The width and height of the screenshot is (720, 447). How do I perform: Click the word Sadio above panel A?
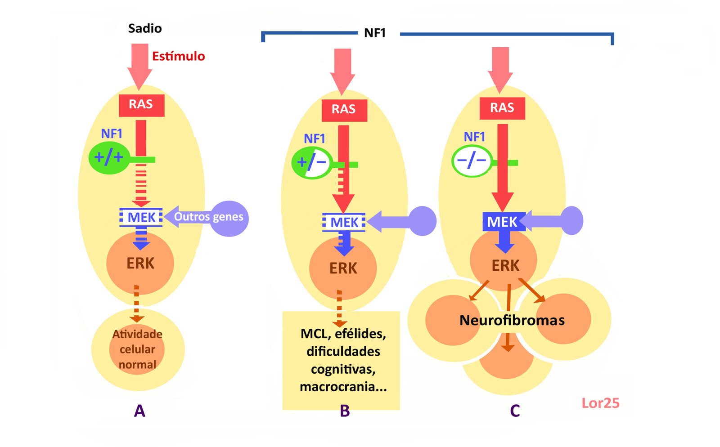pyautogui.click(x=144, y=28)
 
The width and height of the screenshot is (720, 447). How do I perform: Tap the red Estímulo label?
pyautogui.click(x=178, y=56)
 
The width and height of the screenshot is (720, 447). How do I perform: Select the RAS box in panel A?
pyautogui.click(x=141, y=105)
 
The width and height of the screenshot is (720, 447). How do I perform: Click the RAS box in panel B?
pyautogui.click(x=344, y=110)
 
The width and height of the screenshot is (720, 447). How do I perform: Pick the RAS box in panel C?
pyautogui.click(x=502, y=108)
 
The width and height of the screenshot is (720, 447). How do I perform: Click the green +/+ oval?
pyautogui.click(x=109, y=157)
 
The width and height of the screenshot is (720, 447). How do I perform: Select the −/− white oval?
pyautogui.click(x=471, y=161)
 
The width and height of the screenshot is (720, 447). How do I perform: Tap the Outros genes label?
pyautogui.click(x=209, y=217)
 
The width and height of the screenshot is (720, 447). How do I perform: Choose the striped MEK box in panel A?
pyautogui.click(x=141, y=217)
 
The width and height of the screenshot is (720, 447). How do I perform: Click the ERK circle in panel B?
pyautogui.click(x=343, y=268)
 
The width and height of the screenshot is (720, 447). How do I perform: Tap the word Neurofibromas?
pyautogui.click(x=512, y=320)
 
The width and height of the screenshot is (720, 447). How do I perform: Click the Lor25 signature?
pyautogui.click(x=600, y=403)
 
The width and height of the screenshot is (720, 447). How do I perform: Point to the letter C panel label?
pyautogui.click(x=515, y=411)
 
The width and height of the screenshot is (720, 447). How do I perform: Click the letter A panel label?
pyautogui.click(x=139, y=411)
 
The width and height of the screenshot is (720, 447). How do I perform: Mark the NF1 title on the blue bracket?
pyautogui.click(x=375, y=33)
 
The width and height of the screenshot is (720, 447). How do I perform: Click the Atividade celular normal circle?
pyautogui.click(x=137, y=349)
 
